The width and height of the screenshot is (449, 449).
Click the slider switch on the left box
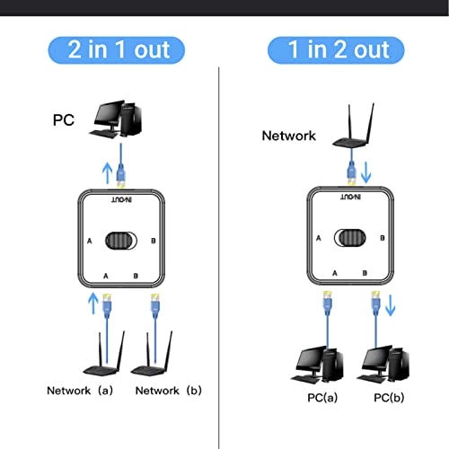coord(124,241)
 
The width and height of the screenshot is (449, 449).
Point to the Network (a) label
coord(81,391)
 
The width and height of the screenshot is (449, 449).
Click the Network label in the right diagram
coord(288,136)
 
